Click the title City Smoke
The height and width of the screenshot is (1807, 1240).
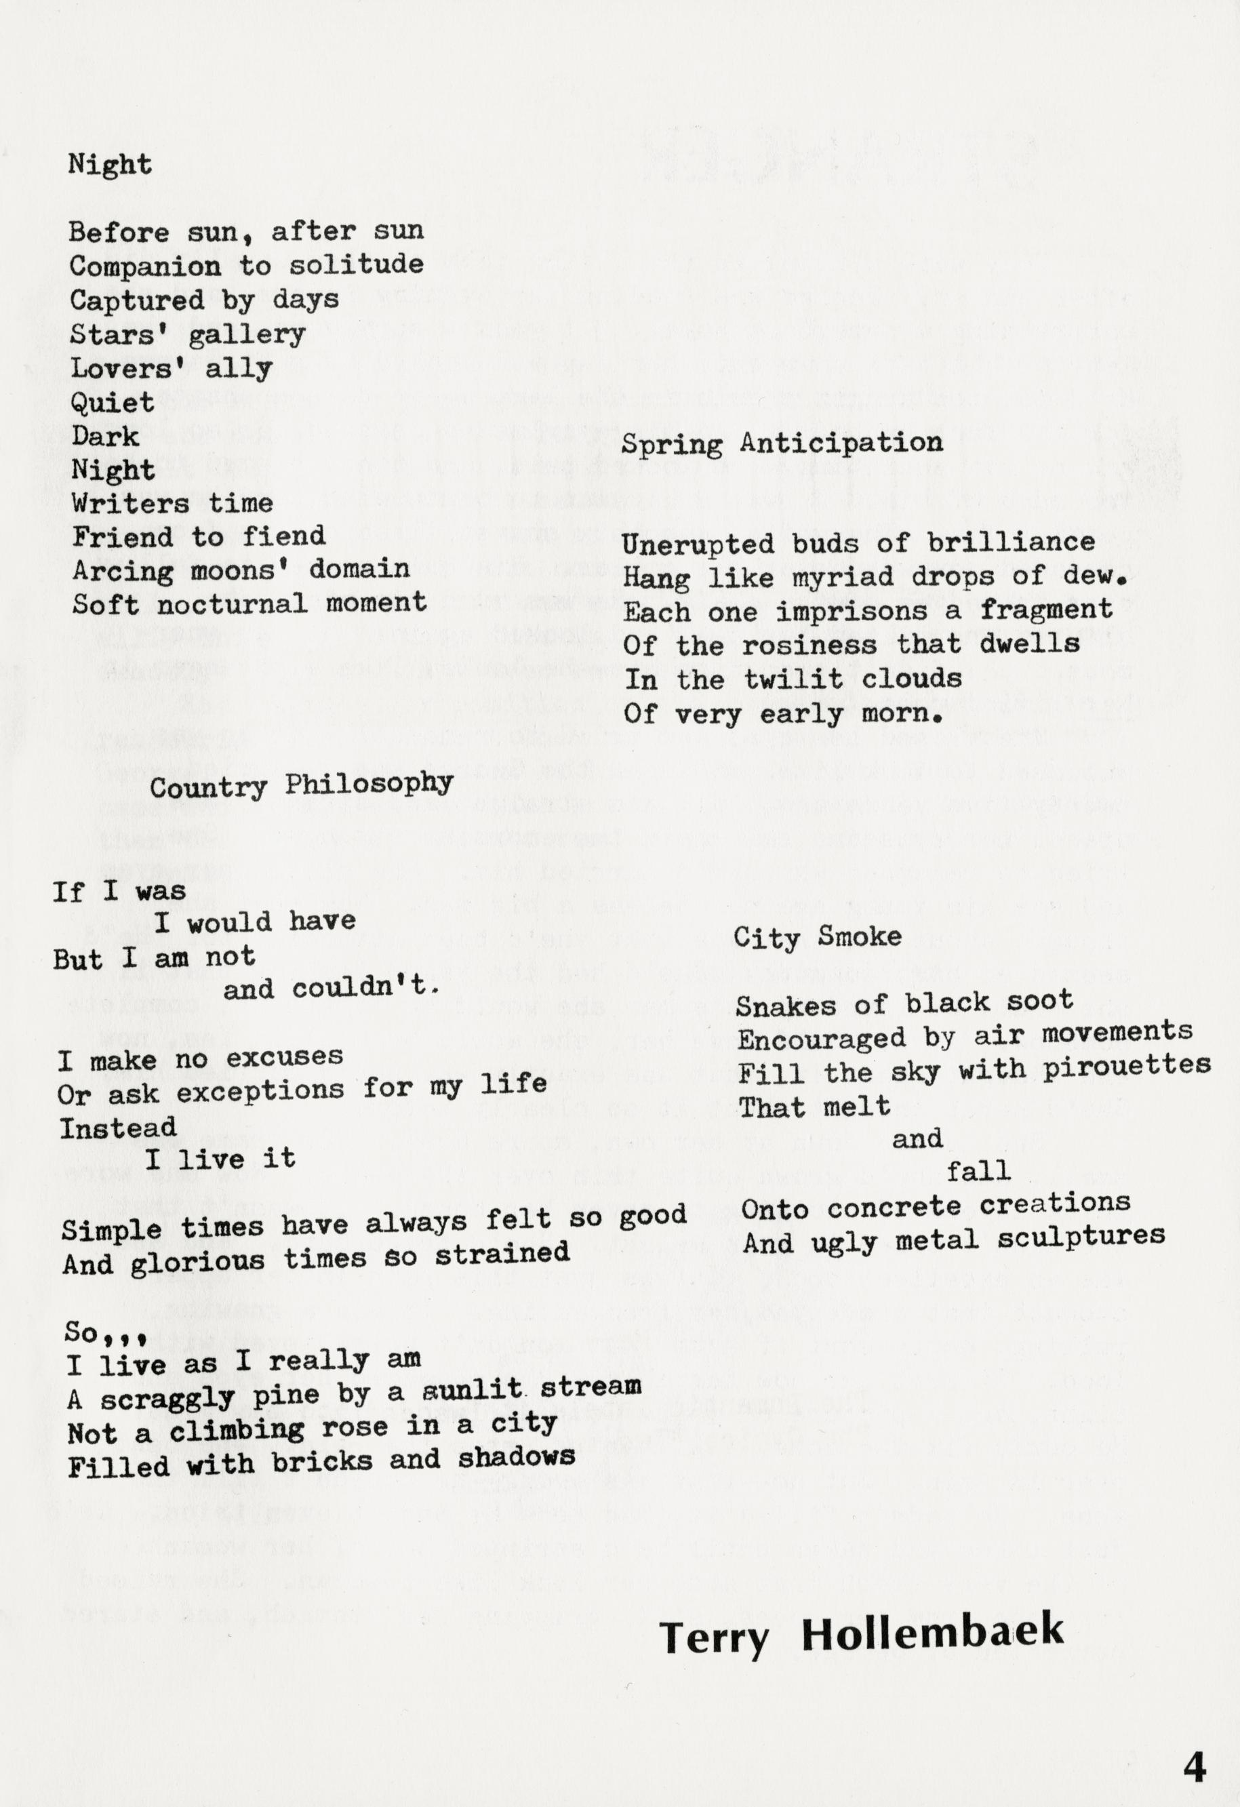(x=817, y=937)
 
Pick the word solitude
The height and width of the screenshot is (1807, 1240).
(x=357, y=265)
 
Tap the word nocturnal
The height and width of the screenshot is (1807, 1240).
(x=233, y=603)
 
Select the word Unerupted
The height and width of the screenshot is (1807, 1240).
(x=698, y=544)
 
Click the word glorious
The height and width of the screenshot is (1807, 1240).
(x=197, y=1262)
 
